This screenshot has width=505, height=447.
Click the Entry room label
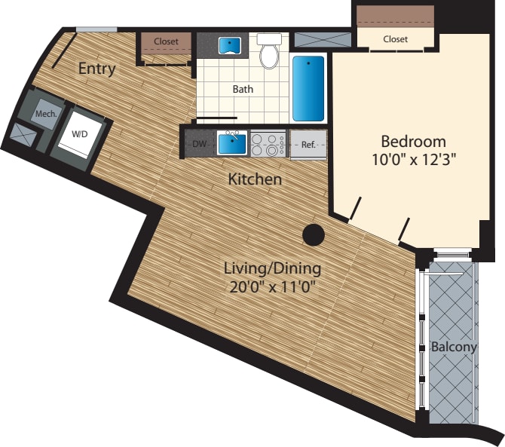(x=97, y=69)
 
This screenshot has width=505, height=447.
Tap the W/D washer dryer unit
(x=78, y=134)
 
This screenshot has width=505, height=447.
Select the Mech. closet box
(x=44, y=114)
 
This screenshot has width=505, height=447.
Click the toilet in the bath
(x=268, y=51)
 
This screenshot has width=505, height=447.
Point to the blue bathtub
(x=308, y=88)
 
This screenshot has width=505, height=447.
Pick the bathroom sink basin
(x=229, y=45)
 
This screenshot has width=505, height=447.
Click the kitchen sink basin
(x=231, y=142)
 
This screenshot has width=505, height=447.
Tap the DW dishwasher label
(x=200, y=142)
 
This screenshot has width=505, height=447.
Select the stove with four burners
(x=268, y=143)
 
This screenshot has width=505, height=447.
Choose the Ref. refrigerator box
(x=308, y=143)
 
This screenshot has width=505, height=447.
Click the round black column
(x=314, y=236)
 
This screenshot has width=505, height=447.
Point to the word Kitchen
(x=256, y=179)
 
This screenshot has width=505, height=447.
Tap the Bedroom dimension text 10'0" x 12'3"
(x=413, y=159)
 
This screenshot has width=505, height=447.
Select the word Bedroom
(x=413, y=141)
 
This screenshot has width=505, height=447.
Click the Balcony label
(x=454, y=347)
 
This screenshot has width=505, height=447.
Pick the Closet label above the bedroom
(x=395, y=39)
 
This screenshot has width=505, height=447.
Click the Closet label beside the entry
(x=166, y=41)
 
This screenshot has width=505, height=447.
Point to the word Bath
(x=243, y=89)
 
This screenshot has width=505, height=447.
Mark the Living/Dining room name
(x=272, y=268)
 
